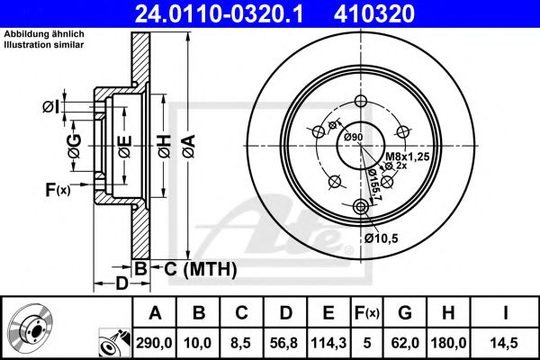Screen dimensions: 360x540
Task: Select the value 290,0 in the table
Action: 154,343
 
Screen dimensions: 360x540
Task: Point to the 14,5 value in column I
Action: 507,343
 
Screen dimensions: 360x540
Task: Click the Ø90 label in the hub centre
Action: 352,137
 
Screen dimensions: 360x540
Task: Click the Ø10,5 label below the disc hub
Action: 382,238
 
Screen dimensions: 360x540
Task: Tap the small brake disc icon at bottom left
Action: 31,328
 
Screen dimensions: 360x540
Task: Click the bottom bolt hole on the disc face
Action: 362,208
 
